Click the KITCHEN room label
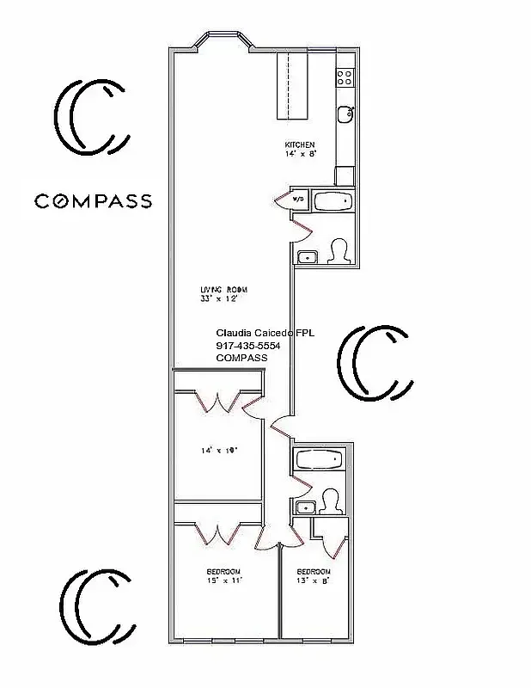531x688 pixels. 300,144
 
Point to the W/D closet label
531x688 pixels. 298,200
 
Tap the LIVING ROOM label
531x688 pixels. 218,288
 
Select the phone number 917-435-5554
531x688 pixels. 248,346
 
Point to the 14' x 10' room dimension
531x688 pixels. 218,449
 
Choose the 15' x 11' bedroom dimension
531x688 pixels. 223,580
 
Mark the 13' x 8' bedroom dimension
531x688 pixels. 314,580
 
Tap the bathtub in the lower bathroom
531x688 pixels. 320,461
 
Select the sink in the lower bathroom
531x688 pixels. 303,507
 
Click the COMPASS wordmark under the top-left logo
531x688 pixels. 93,201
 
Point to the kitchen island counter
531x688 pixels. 291,83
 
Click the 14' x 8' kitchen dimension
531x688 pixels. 300,154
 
